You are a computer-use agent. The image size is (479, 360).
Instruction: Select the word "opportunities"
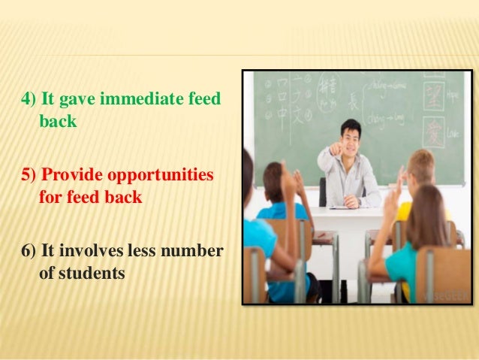(161, 175)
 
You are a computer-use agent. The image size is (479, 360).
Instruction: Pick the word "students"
(81, 273)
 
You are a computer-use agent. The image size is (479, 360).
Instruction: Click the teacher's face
(350, 136)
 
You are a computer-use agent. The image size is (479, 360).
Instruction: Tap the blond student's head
(422, 165)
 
